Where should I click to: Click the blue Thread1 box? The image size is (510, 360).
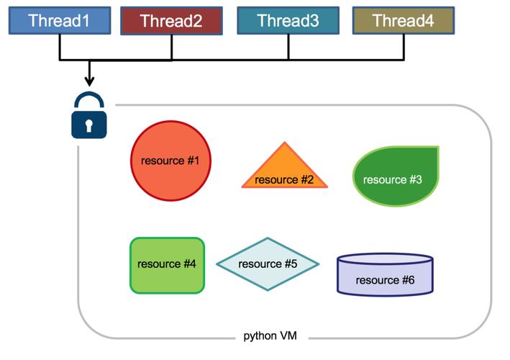(59, 21)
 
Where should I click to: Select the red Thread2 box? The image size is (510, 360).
(171, 21)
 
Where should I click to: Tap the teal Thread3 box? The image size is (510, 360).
(288, 21)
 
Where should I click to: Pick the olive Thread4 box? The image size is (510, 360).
(404, 21)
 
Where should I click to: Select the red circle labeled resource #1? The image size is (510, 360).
(170, 161)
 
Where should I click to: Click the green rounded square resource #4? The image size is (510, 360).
(167, 265)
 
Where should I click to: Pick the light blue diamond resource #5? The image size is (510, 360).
(268, 264)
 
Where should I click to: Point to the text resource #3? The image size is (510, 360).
(393, 179)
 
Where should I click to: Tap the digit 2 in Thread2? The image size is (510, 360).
(198, 21)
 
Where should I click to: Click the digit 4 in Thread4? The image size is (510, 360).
(429, 21)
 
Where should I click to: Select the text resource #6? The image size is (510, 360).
(385, 280)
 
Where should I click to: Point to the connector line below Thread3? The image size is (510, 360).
(288, 47)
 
